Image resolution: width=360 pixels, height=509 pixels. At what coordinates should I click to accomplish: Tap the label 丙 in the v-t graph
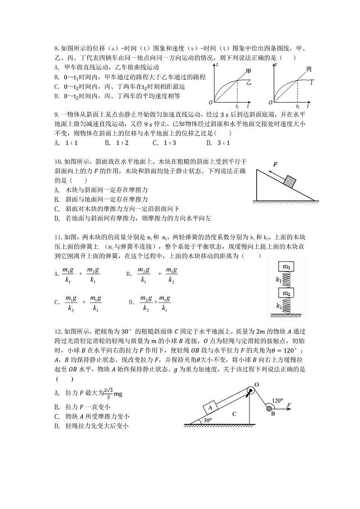(309, 69)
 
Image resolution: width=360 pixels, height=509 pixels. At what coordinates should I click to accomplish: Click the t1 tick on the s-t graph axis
(237, 105)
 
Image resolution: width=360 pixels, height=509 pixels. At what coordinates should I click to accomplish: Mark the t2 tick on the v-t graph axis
(297, 105)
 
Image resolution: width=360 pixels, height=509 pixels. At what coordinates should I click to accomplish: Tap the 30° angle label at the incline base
(208, 420)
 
